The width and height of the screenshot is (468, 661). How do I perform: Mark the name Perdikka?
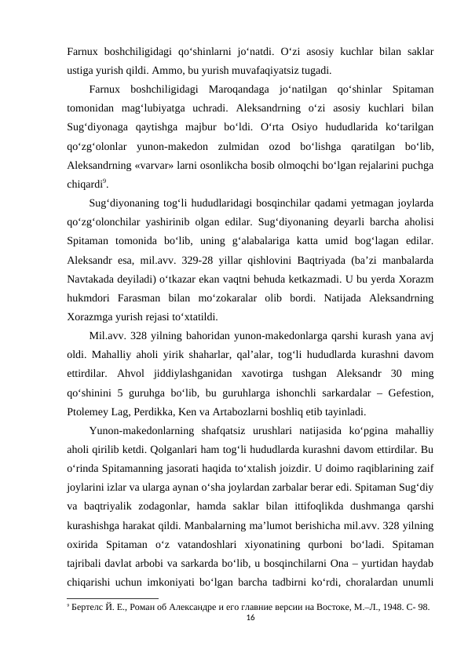(x=169, y=412)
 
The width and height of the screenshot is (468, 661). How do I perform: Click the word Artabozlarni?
(x=266, y=412)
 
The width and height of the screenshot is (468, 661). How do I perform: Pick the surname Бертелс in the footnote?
(x=91, y=608)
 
